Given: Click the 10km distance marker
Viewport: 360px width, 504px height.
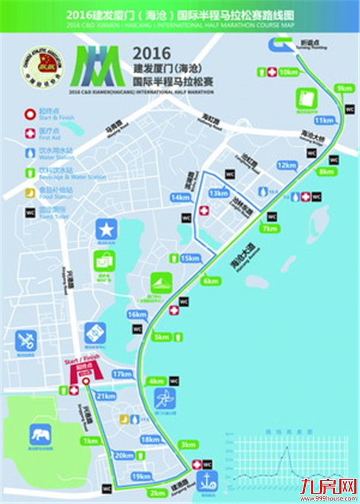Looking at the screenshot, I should tap(287, 72).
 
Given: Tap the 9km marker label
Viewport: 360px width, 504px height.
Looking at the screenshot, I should tap(344, 88).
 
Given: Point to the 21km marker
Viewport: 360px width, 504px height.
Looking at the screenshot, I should tap(106, 396).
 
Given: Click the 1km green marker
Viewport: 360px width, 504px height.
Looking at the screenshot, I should tap(90, 441).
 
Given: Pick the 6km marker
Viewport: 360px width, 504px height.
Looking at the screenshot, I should tap(210, 281).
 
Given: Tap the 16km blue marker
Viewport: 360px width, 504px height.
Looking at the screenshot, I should tap(137, 314).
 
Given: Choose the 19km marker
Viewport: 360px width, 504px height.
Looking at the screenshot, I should tap(141, 476).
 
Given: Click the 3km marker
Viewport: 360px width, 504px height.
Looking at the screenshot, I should tap(188, 445).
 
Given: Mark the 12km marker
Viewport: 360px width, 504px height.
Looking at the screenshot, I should tap(286, 165).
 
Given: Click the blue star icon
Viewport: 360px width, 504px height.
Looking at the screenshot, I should tap(106, 229).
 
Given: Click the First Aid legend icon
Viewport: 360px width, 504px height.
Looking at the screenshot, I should tap(29, 133).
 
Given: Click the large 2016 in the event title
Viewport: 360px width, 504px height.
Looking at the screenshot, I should tap(152, 54).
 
